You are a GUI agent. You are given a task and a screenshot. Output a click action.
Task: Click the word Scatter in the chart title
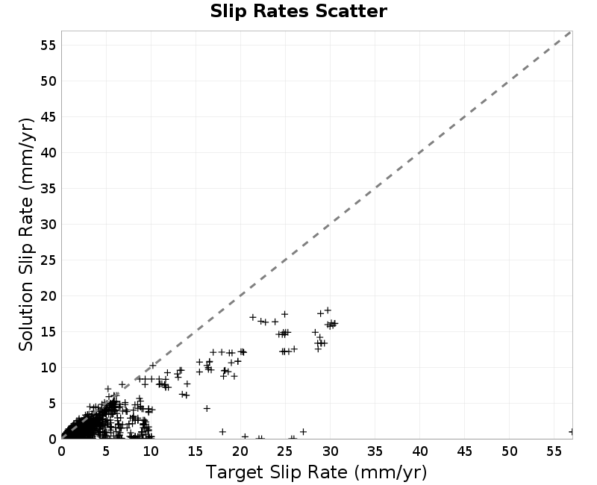point(351,11)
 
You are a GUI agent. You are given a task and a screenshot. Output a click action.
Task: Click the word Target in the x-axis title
point(235,472)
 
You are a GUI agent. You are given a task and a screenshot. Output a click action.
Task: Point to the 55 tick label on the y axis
point(49,46)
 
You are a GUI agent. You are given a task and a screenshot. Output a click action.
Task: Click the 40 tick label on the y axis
point(49,153)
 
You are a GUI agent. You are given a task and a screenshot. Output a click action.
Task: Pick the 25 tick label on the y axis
point(49,260)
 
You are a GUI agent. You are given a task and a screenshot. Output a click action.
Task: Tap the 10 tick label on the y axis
point(49,368)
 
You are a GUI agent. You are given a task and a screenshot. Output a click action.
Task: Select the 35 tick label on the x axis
point(375,451)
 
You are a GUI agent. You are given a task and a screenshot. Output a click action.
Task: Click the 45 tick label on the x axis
point(464,451)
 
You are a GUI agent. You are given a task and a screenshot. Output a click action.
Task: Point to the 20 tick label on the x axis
point(240,451)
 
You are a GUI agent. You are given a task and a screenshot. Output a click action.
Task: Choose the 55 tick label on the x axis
point(554,451)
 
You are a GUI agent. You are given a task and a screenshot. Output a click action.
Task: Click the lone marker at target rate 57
point(571,432)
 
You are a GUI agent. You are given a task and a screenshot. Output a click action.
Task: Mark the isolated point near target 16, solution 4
point(207,408)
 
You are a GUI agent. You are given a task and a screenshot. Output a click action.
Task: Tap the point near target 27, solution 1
point(303,432)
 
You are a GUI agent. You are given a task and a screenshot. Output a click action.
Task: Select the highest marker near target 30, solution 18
point(328,310)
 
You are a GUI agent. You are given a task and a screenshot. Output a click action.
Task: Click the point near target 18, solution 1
point(222,432)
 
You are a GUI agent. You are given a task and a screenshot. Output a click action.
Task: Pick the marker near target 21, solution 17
point(252,317)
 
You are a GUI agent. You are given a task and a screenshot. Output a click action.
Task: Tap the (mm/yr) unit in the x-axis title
point(390,472)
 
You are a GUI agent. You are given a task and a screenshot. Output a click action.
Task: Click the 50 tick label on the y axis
point(49,81)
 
